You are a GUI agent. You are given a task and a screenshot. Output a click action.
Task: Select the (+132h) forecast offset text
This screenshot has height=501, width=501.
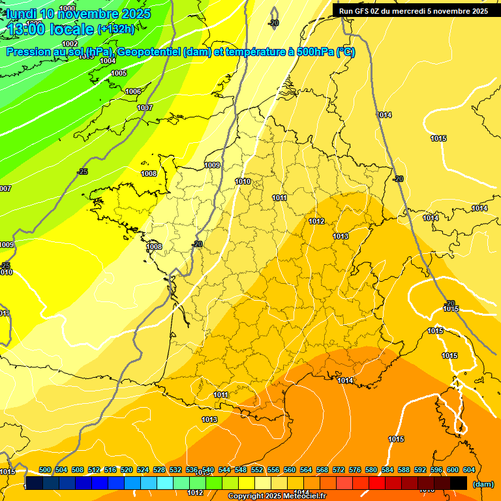click(x=116, y=29)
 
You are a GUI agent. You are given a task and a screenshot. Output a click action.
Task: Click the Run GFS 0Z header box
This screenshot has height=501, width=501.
click(x=413, y=10)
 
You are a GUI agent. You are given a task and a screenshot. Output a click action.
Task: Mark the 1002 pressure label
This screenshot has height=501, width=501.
click(x=70, y=44)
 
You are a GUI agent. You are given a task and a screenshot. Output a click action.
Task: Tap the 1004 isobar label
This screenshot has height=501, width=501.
click(x=108, y=61)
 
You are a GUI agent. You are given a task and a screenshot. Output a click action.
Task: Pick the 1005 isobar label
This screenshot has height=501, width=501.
click(x=119, y=74)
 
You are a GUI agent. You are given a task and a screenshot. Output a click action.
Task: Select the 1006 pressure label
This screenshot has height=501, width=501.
click(x=133, y=91)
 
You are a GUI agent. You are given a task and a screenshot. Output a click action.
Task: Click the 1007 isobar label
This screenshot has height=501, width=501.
click(x=145, y=108)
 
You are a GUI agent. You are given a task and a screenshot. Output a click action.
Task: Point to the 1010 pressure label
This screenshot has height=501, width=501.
click(x=243, y=181)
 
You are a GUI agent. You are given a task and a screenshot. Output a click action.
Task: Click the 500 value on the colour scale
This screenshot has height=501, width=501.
click(x=45, y=470)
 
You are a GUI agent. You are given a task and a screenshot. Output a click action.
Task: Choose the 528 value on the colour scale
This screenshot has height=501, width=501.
click(x=159, y=470)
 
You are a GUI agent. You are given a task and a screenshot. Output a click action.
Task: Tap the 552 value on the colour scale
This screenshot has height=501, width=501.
click(x=257, y=470)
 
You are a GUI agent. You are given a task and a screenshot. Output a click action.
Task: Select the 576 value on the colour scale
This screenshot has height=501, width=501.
click(x=355, y=470)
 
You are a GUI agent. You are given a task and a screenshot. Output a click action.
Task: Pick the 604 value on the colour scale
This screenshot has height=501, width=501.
click(x=469, y=470)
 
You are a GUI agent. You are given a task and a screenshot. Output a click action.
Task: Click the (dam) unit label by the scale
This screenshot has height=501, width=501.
click(x=483, y=484)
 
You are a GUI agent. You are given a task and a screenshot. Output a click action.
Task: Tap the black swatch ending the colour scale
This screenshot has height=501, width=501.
click(x=459, y=483)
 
